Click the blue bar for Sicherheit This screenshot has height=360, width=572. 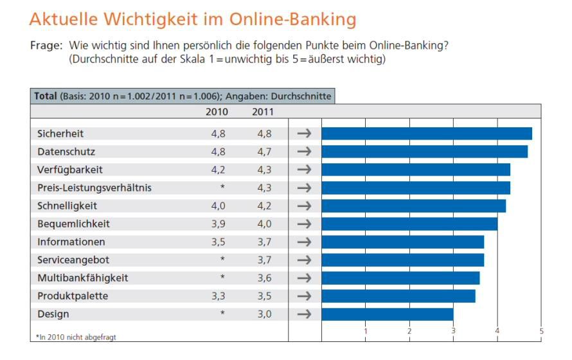[427, 134]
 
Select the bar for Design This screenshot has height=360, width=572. [387, 314]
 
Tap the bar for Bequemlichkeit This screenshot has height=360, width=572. [409, 224]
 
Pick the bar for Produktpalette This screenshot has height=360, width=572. [398, 296]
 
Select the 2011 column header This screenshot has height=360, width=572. [262, 112]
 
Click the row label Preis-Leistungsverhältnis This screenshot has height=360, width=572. [94, 188]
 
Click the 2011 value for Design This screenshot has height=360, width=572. [263, 314]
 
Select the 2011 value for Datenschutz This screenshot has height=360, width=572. [263, 152]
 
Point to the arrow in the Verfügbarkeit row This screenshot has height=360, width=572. [304, 170]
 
